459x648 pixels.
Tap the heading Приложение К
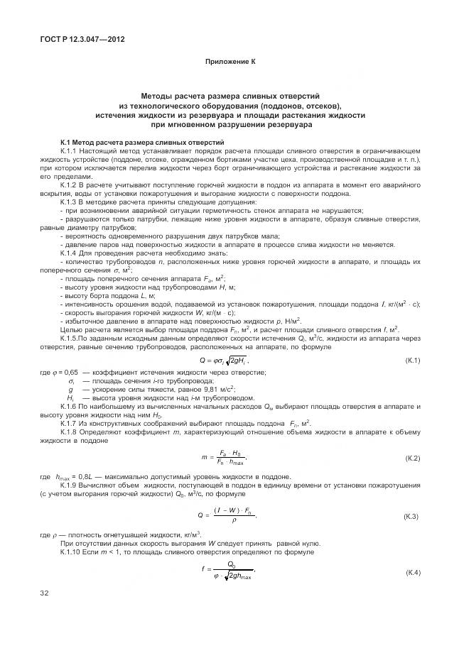pos(229,62)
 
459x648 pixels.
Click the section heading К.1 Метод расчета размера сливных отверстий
pos(142,143)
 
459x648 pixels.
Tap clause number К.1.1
pos(71,152)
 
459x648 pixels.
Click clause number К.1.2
pos(71,185)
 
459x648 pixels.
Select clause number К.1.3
pos(71,202)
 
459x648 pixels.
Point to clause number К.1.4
pos(71,253)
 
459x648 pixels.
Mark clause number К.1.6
pos(71,407)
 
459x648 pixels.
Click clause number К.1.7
pos(71,424)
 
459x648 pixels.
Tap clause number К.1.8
pos(71,432)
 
